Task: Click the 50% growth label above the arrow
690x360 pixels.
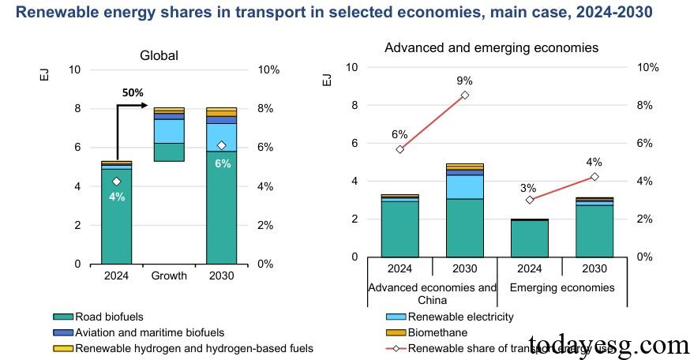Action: tap(133, 92)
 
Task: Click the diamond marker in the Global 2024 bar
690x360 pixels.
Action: tap(116, 182)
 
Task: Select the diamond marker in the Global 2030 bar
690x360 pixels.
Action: tap(221, 145)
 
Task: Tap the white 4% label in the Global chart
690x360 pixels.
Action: tap(116, 197)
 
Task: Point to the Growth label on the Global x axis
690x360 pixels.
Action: tap(169, 276)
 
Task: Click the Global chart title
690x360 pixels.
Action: tap(159, 55)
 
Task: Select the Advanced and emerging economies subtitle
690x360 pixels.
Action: tap(491, 48)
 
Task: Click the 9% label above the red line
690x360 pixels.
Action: tap(464, 81)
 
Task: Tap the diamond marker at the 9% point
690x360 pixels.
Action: tap(464, 95)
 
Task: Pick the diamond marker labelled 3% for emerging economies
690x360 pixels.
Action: tap(530, 200)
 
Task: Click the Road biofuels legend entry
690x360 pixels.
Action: tap(114, 317)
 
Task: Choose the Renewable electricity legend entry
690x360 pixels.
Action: tap(460, 317)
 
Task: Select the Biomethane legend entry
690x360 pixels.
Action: tap(437, 332)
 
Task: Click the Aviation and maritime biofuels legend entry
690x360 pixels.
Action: tap(149, 332)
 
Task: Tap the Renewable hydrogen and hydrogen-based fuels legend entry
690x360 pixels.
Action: tap(193, 347)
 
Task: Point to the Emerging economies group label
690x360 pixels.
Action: tap(562, 287)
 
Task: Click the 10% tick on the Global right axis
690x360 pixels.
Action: tap(269, 69)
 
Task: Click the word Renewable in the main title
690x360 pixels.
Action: tap(57, 13)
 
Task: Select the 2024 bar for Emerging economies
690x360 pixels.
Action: tap(530, 238)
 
